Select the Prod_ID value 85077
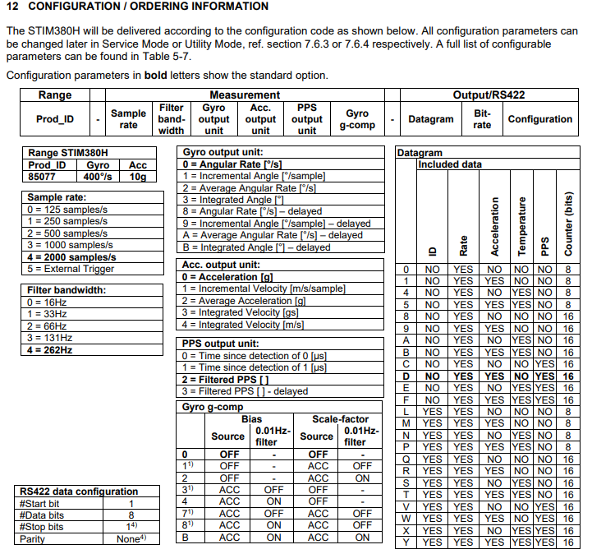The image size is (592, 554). click(42, 176)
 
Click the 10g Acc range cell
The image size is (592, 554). click(137, 176)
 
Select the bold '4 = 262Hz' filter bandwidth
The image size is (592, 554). click(49, 349)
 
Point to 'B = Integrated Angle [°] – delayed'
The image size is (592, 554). click(256, 247)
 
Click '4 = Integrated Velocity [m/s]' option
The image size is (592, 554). click(254, 324)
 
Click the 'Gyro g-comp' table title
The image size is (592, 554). click(213, 407)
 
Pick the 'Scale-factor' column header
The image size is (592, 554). click(341, 419)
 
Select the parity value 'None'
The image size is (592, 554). click(128, 539)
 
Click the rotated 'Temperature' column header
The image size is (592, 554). click(521, 224)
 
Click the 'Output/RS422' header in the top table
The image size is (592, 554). click(489, 95)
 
